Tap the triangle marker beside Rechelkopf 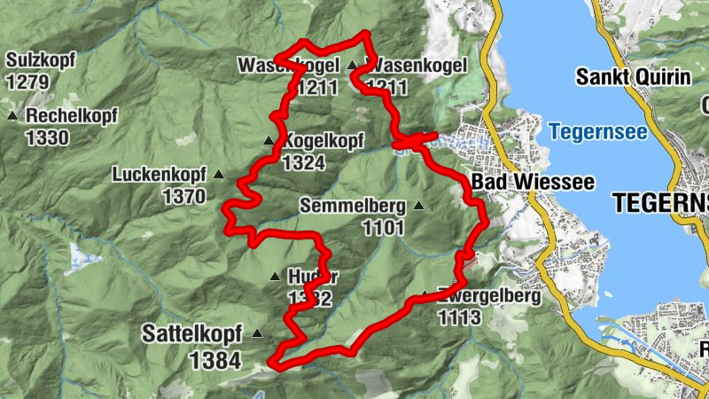coord(12,116)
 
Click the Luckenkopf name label coord(159,175)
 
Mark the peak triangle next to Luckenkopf coord(218,175)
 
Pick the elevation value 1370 coord(184,196)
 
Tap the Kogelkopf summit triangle coord(269,141)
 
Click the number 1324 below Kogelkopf coord(305,162)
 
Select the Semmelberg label coord(353,206)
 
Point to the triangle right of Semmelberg coord(419,206)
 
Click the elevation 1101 coord(383,228)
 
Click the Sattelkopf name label coord(191,334)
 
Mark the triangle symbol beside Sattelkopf coord(257,334)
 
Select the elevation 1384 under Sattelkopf coord(215,359)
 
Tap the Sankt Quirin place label coord(633,76)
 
